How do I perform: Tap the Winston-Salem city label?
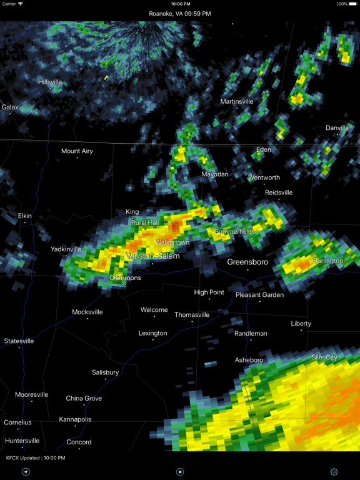[x=152, y=256]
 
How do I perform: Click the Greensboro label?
[x=247, y=262]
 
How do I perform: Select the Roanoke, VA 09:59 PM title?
[x=180, y=14]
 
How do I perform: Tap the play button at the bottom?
[x=180, y=472]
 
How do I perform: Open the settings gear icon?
[x=334, y=472]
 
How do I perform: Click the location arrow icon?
[x=26, y=472]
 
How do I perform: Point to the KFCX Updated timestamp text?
[x=36, y=458]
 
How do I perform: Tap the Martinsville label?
[x=237, y=101]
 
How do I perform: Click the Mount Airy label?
[x=77, y=151]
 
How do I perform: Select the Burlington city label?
[x=328, y=261]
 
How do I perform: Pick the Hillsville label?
[x=50, y=82]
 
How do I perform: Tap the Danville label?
[x=337, y=128]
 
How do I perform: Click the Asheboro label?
[x=249, y=360]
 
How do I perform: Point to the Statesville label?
[x=19, y=341]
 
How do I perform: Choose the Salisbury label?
[x=105, y=372]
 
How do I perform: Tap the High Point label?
[x=209, y=292]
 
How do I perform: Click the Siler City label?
[x=324, y=357]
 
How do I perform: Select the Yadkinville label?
[x=66, y=249]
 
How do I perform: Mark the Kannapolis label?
[x=75, y=419]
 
